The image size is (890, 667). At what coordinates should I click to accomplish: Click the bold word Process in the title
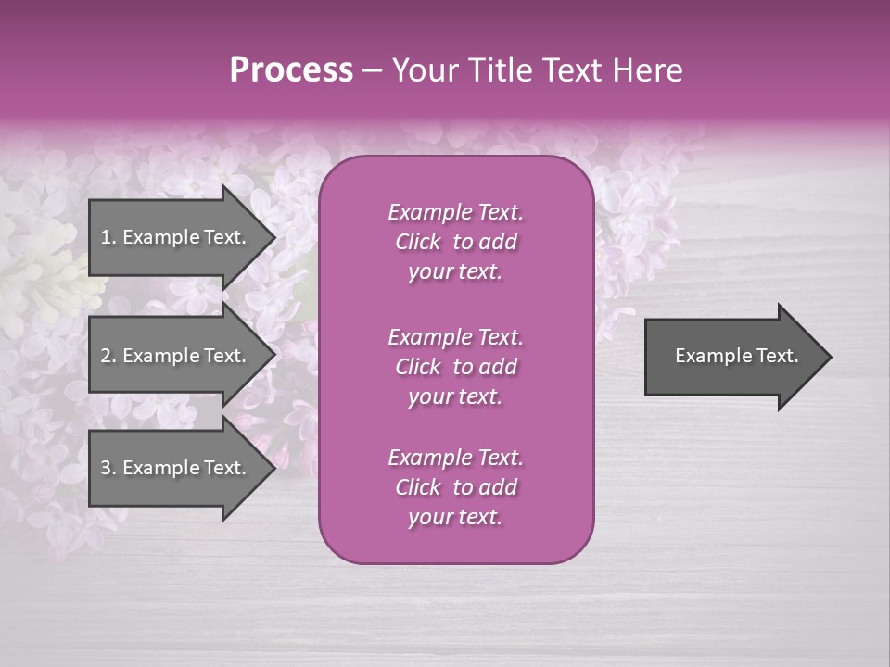(x=291, y=70)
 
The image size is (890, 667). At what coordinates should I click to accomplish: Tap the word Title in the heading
(x=508, y=70)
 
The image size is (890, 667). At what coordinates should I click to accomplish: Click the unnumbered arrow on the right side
(x=732, y=357)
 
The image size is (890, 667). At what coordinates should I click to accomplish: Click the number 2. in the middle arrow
(x=108, y=356)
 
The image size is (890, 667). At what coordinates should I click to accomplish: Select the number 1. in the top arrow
(x=108, y=237)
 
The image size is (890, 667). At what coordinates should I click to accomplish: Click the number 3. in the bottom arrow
(x=108, y=468)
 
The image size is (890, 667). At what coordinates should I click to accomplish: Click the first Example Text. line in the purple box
(x=455, y=212)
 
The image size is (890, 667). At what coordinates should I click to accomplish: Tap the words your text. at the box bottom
(x=455, y=517)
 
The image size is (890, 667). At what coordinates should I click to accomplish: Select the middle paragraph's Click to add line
(x=455, y=367)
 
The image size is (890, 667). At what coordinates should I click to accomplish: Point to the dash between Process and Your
(x=372, y=70)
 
